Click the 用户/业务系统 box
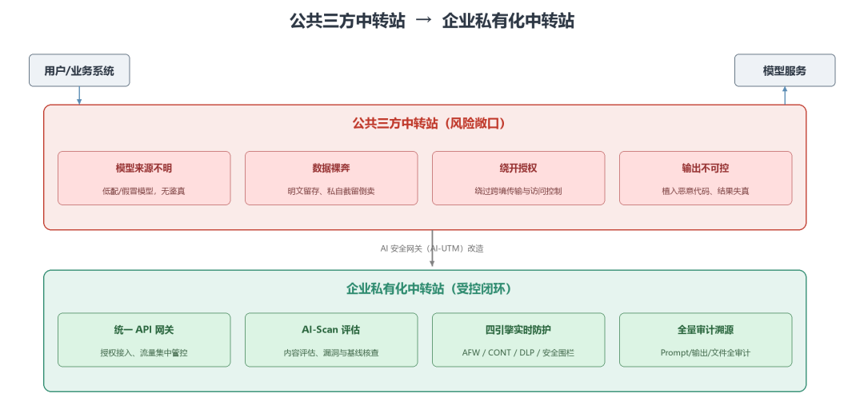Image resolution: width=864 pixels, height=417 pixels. click(x=79, y=70)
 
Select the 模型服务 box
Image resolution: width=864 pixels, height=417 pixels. click(x=785, y=70)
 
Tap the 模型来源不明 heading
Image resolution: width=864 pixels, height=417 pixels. click(x=144, y=169)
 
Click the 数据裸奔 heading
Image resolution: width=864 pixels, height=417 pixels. click(x=331, y=169)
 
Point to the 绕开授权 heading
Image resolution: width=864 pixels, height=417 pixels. click(x=518, y=169)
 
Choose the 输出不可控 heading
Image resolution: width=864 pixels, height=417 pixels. click(x=706, y=169)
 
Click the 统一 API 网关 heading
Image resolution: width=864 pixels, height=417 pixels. click(x=144, y=330)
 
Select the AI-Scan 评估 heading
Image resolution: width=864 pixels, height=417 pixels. click(x=331, y=330)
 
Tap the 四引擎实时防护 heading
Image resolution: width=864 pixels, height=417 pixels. click(x=518, y=330)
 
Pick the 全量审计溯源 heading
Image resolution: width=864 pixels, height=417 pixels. click(x=706, y=330)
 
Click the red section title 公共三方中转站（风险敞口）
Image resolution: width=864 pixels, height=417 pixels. click(x=430, y=124)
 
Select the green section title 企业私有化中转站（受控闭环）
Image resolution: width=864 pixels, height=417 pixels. click(x=430, y=289)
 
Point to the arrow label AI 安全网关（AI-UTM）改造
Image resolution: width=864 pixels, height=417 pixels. click(x=432, y=248)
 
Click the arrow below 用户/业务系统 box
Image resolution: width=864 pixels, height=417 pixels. click(x=79, y=96)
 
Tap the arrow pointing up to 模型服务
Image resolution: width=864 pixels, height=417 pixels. click(x=785, y=96)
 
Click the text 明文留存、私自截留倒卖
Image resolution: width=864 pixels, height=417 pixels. click(x=331, y=192)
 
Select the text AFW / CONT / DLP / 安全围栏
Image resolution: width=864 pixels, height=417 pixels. click(x=518, y=353)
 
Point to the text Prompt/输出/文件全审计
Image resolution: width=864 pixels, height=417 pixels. click(x=706, y=353)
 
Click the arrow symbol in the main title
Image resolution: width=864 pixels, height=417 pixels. click(x=424, y=21)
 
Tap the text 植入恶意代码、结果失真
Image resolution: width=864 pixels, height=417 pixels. click(x=706, y=192)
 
